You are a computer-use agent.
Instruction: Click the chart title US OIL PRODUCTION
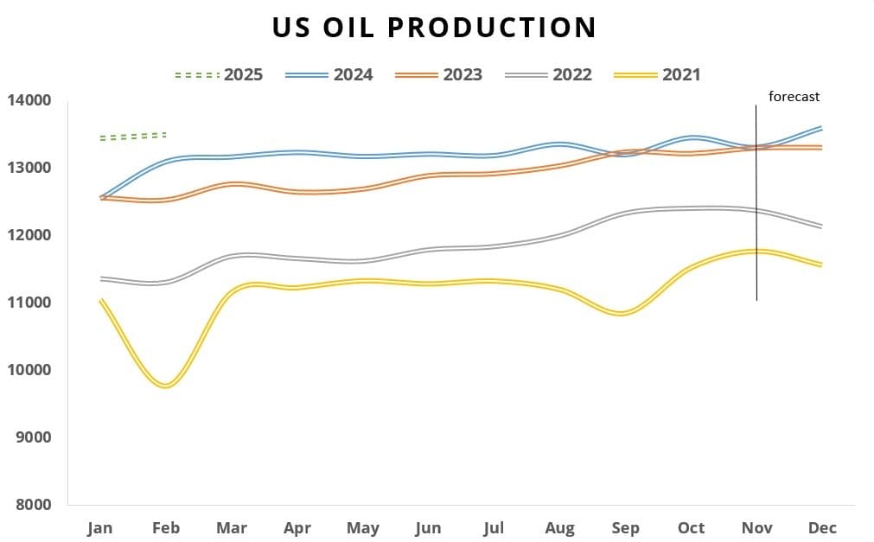[435, 27]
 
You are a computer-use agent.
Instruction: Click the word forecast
[794, 97]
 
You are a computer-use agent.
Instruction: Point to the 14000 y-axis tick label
[29, 100]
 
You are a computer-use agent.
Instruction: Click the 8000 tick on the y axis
[34, 505]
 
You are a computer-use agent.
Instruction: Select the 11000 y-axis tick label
[29, 303]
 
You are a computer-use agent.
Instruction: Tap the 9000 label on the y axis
[34, 437]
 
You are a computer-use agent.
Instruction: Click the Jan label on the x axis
[100, 528]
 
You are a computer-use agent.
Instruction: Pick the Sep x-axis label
[625, 528]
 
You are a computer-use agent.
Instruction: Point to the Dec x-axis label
[822, 528]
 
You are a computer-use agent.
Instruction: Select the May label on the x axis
[362, 528]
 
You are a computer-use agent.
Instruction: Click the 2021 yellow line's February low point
[166, 385]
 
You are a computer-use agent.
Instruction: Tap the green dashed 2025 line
[134, 137]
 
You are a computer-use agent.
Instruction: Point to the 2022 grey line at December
[820, 226]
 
